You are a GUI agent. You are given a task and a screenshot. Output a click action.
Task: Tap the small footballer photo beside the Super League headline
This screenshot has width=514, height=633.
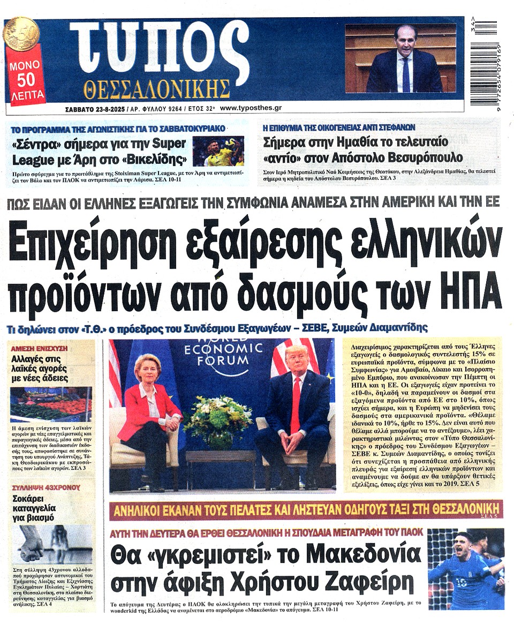[x=217, y=152]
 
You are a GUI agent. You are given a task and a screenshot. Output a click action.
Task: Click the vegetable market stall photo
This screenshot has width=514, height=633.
[x=51, y=404]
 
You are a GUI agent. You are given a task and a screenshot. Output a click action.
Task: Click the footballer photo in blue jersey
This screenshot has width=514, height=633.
[x=465, y=569]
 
